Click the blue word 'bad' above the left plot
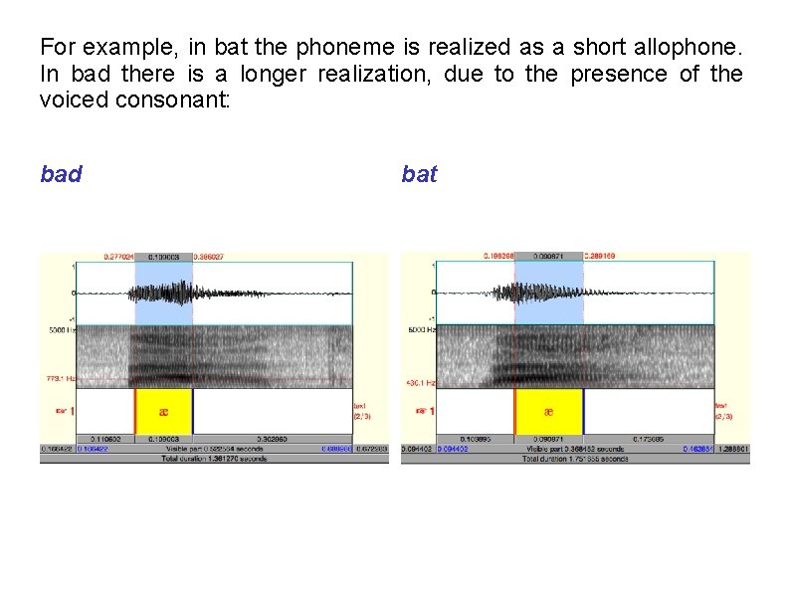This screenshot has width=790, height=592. tap(61, 175)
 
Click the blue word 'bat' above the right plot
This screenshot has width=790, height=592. tap(419, 175)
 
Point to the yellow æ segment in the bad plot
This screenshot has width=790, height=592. tap(163, 411)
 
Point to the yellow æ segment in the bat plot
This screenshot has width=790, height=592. tap(548, 411)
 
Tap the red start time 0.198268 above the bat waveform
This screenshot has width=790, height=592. tap(498, 257)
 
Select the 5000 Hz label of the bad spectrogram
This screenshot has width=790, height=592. tap(58, 329)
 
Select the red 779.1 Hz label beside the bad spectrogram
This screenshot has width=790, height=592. tap(58, 378)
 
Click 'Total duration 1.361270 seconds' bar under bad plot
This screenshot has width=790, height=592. tap(214, 459)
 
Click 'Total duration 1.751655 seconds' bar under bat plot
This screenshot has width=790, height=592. tap(575, 459)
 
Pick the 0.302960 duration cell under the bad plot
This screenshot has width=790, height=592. tap(272, 439)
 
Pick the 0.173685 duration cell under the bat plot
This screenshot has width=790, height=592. tap(648, 439)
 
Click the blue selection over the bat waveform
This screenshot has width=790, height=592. tap(548, 293)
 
